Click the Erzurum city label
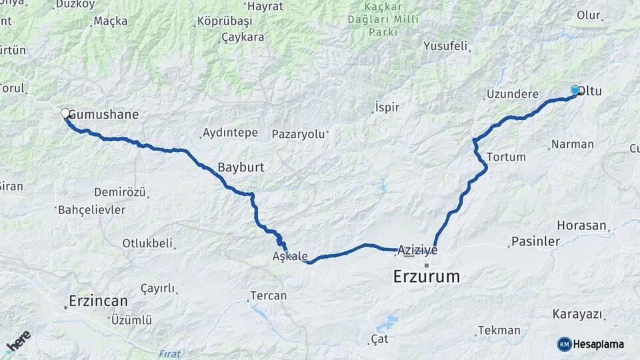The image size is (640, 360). click(x=427, y=276)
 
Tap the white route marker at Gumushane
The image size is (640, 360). click(x=65, y=113)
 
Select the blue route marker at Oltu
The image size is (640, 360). click(x=575, y=90)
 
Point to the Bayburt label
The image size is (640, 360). click(x=241, y=168)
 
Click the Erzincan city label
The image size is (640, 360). click(x=98, y=301)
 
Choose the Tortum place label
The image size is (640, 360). click(x=507, y=157)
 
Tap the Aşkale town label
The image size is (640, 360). click(x=290, y=256)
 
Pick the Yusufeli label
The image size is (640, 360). click(x=445, y=47)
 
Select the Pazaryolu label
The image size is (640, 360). click(x=298, y=135)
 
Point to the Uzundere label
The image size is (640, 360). click(x=511, y=95)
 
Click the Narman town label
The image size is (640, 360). click(x=573, y=145)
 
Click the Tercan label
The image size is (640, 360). click(x=268, y=295)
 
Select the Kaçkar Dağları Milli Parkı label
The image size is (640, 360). click(x=383, y=20)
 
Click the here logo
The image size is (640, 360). click(x=19, y=341)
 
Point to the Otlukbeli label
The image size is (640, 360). click(x=147, y=243)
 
